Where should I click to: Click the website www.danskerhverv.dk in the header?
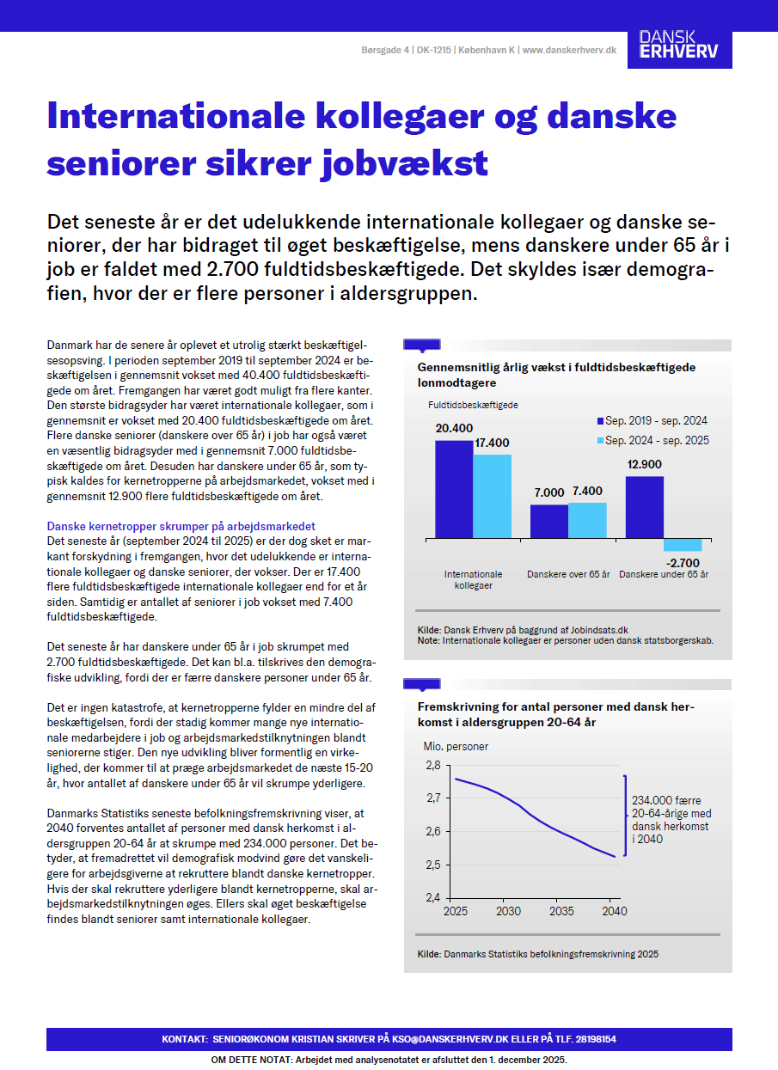tap(569, 51)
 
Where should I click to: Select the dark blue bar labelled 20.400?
tap(454, 489)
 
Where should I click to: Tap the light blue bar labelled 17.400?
tap(492, 496)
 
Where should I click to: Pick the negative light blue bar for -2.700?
tap(683, 545)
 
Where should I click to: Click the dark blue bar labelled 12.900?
tap(644, 507)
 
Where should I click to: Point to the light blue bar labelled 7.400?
tap(587, 520)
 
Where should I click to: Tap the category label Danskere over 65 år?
tap(568, 574)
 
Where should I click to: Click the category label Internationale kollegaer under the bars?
tap(473, 579)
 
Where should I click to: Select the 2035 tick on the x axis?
tap(561, 911)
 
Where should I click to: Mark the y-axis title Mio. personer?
tap(456, 747)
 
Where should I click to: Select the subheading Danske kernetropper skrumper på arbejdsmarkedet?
tap(181, 526)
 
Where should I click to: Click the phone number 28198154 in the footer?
tap(591, 1040)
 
